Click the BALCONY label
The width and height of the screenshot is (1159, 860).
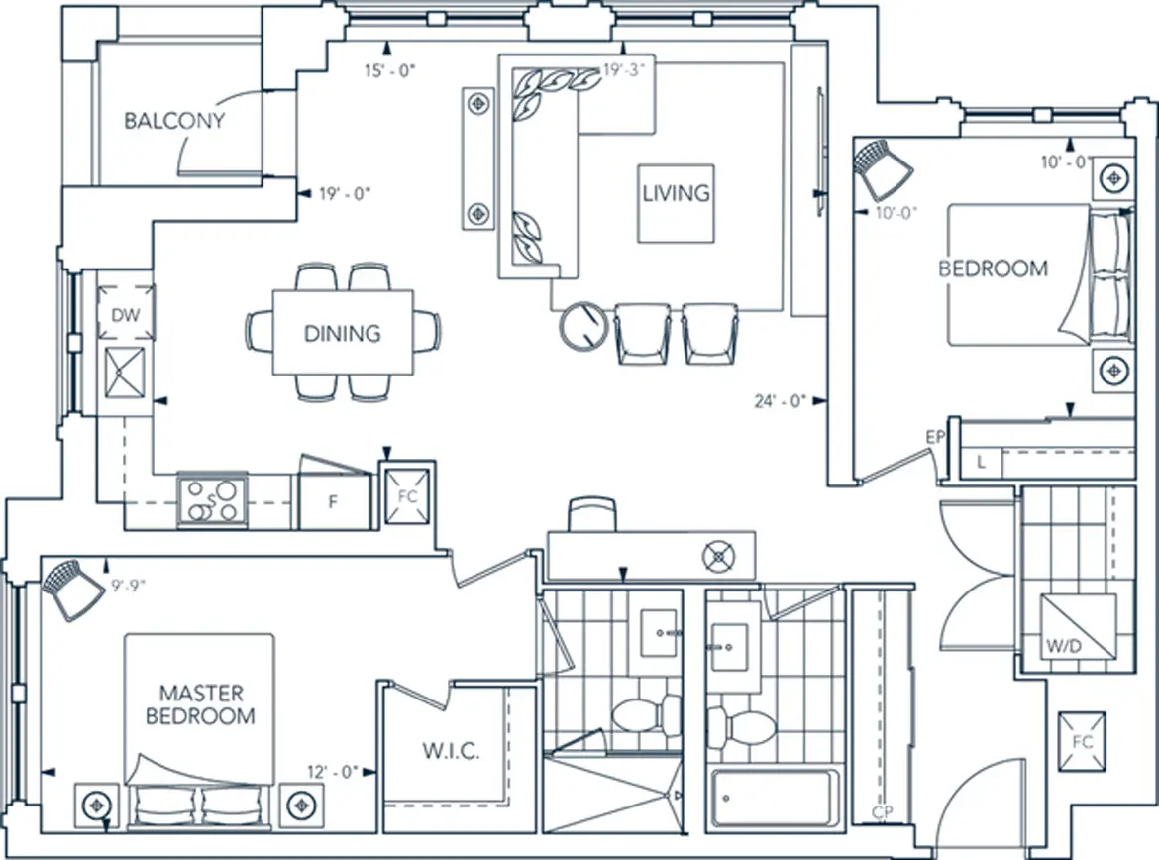[174, 121]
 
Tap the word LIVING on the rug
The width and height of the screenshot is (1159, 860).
[676, 194]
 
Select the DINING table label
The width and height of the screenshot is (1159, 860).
[342, 334]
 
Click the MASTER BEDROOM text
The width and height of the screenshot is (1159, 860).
[200, 704]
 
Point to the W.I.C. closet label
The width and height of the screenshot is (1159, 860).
[451, 751]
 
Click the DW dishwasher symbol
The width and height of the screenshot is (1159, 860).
[126, 313]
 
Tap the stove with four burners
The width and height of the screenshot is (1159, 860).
[212, 500]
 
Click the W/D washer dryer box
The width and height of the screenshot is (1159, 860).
[1077, 626]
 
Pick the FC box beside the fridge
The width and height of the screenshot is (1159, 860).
[407, 497]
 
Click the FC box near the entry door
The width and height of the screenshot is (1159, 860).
[1082, 741]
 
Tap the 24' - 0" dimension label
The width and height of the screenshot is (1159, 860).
[779, 401]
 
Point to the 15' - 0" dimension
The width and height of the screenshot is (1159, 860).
[389, 71]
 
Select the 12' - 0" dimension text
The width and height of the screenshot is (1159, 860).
[332, 772]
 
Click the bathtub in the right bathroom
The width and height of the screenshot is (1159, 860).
[775, 800]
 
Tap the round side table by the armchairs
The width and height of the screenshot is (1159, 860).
[583, 325]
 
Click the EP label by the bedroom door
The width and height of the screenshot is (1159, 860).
[935, 437]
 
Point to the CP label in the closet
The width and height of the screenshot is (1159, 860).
[882, 811]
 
